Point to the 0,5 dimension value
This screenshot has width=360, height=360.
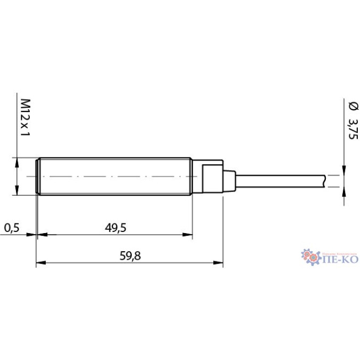coord(11,228)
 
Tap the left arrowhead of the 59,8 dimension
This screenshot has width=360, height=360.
coord(39,262)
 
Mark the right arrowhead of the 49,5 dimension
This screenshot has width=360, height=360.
coord(188,234)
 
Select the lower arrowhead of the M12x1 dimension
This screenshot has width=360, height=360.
coord(17,192)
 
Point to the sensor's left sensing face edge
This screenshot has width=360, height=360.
coord(36,177)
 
